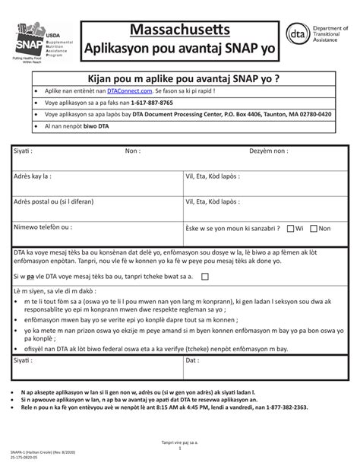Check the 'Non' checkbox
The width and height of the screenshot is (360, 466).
coord(314,227)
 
